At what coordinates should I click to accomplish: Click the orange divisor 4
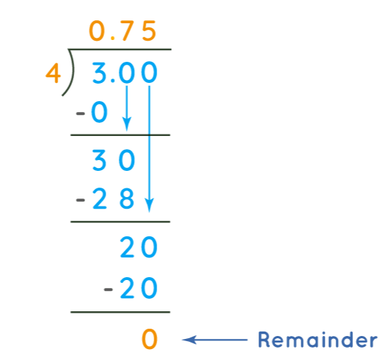(53, 73)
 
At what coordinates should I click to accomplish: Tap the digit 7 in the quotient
(127, 31)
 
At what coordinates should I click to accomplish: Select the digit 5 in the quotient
(149, 31)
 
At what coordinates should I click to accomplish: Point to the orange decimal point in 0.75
(113, 39)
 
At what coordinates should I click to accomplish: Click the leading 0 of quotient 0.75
(97, 31)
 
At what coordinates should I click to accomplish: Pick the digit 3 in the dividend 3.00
(99, 73)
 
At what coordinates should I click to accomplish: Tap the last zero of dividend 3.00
(149, 73)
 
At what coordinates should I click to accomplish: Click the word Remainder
(317, 340)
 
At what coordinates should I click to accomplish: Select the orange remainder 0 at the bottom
(149, 339)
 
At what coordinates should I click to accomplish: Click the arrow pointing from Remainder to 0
(215, 340)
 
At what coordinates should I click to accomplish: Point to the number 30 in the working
(114, 160)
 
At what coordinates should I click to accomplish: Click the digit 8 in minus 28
(127, 199)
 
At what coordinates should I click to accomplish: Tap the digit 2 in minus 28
(100, 199)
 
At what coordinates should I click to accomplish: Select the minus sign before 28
(80, 200)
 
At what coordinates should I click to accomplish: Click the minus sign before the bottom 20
(108, 289)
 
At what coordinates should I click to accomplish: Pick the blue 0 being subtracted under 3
(100, 112)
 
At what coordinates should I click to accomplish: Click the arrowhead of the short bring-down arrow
(127, 124)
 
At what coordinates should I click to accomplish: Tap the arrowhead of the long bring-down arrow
(149, 205)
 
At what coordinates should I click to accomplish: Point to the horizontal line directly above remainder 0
(120, 312)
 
